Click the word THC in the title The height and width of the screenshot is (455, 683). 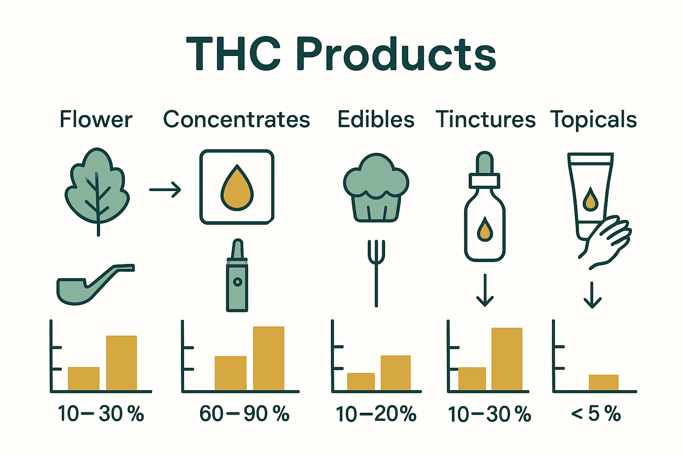(233, 54)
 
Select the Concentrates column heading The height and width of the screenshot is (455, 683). (237, 119)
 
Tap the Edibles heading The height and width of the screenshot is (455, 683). (376, 119)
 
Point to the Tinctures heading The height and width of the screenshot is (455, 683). (486, 119)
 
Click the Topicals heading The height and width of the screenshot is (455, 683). (593, 120)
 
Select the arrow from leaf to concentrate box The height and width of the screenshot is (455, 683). (165, 190)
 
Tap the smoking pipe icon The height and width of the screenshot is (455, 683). (96, 284)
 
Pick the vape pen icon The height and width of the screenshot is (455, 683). (237, 275)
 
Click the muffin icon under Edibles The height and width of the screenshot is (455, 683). (376, 188)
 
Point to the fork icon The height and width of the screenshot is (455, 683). (376, 273)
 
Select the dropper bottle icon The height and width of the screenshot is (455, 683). (485, 206)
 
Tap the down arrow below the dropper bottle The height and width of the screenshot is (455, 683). (485, 290)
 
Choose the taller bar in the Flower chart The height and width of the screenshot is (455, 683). (121, 363)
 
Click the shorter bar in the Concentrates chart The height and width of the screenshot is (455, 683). (230, 373)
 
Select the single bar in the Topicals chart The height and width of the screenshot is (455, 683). (603, 383)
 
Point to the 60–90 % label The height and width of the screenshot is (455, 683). (244, 414)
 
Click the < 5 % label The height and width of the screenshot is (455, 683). (596, 414)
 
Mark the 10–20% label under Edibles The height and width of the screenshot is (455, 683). (376, 414)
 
